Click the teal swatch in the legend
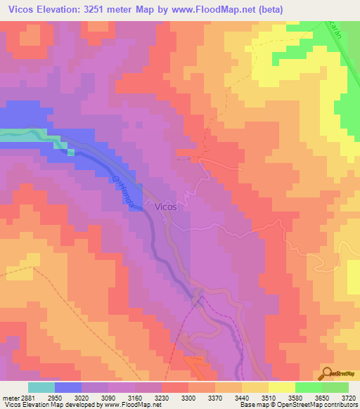pos(41,387)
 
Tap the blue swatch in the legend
pos(68,387)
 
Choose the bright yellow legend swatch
pos(282,387)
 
